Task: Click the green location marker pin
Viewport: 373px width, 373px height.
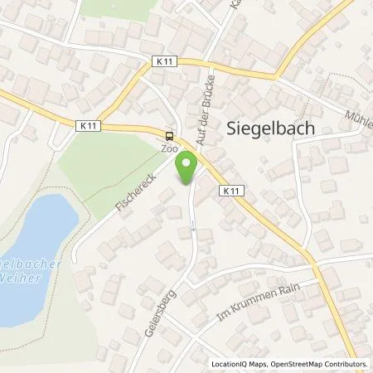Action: point(188,168)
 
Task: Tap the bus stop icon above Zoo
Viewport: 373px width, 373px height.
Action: point(170,137)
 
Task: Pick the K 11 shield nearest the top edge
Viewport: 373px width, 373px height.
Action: point(164,61)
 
